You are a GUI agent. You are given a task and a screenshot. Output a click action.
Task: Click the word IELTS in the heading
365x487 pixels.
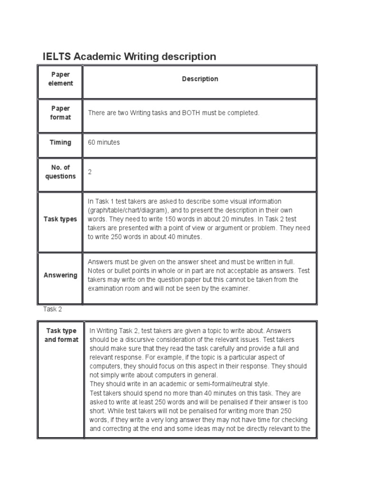pos(57,57)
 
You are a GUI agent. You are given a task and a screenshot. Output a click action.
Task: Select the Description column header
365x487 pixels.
pos(200,79)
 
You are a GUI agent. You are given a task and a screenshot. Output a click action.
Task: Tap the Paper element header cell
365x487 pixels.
pos(60,79)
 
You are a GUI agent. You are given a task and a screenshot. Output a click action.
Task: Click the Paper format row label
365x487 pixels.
pos(60,113)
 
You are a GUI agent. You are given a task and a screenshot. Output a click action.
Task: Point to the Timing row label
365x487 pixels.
pos(60,142)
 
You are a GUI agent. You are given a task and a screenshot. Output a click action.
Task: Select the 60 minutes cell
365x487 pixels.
pos(104,142)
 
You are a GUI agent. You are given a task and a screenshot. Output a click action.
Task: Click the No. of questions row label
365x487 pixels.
pos(60,172)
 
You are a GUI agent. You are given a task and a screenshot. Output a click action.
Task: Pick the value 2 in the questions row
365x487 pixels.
pos(90,172)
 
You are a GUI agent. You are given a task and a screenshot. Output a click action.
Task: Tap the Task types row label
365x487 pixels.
pos(60,219)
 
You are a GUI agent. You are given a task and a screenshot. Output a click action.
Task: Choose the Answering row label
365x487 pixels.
pos(60,275)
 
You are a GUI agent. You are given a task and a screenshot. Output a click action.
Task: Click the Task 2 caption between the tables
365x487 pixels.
pos(52,309)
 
